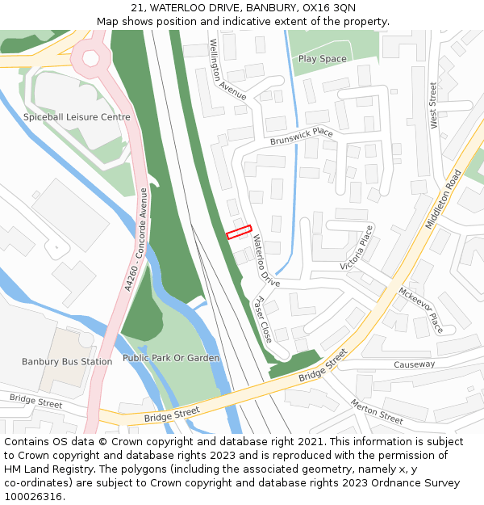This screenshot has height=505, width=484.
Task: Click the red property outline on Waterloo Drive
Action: pyautogui.click(x=239, y=232)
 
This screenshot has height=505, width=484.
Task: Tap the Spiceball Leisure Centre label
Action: pyautogui.click(x=77, y=117)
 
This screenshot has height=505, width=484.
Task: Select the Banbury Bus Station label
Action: pyautogui.click(x=67, y=361)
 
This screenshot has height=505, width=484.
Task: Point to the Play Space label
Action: pyautogui.click(x=322, y=59)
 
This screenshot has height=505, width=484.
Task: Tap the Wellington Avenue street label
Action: pyautogui.click(x=227, y=69)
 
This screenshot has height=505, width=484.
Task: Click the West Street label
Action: pyautogui.click(x=434, y=105)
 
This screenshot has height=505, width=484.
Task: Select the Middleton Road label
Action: pyautogui.click(x=443, y=199)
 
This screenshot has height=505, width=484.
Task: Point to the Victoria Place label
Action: pyautogui.click(x=357, y=248)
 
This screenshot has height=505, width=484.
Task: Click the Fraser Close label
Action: pyautogui.click(x=262, y=317)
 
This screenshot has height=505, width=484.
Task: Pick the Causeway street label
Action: pyautogui.click(x=414, y=364)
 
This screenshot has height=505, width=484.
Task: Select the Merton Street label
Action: pyautogui.click(x=377, y=411)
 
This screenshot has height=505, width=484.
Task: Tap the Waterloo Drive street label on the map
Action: pyautogui.click(x=263, y=260)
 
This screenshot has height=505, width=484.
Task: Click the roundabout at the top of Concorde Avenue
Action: pyautogui.click(x=90, y=57)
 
